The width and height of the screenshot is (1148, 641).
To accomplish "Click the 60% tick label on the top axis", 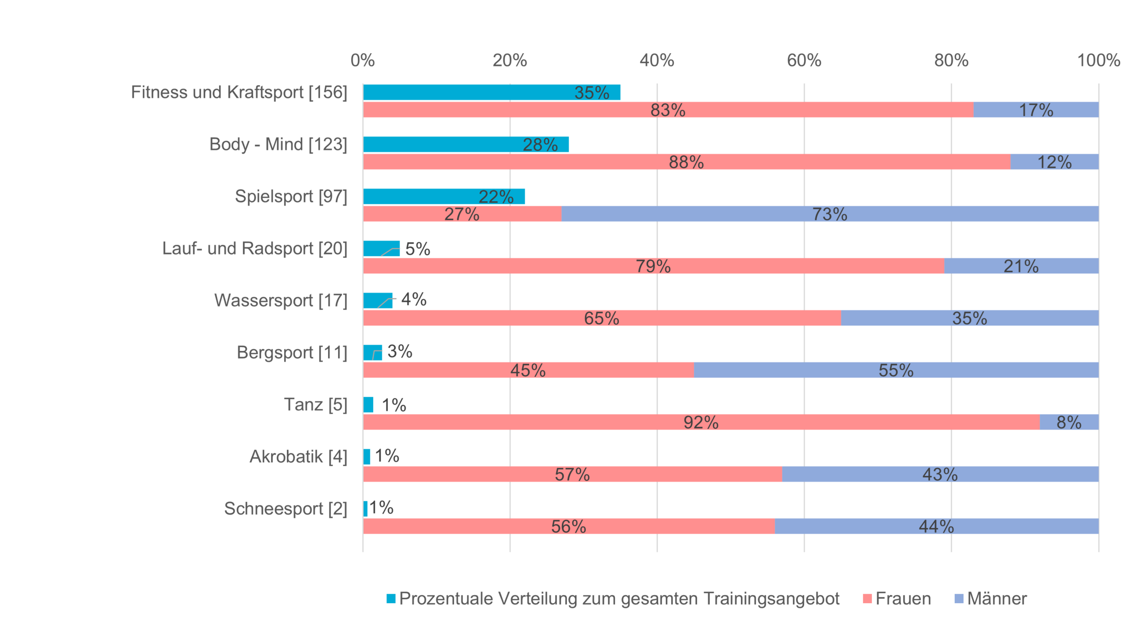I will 804,60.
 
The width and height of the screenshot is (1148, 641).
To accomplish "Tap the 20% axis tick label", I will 510,60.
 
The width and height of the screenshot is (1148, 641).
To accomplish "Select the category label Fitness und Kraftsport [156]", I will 239,92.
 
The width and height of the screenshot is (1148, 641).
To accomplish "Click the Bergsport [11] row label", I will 292,352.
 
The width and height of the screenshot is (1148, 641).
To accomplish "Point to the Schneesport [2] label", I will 286,508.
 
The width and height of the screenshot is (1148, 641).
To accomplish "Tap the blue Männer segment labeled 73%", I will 830,214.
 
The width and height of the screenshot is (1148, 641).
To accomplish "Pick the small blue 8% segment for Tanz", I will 1069,422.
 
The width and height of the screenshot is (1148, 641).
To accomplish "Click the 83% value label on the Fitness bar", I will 668,110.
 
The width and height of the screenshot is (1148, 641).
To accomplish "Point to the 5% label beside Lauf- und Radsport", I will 418,249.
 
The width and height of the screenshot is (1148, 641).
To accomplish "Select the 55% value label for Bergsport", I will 896,370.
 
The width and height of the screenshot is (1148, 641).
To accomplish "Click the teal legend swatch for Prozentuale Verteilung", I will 391,598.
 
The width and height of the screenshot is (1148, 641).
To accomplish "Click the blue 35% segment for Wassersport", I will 970,318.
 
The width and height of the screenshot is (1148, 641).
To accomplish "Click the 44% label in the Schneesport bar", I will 936,527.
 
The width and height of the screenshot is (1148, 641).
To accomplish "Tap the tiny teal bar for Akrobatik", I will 367,457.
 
